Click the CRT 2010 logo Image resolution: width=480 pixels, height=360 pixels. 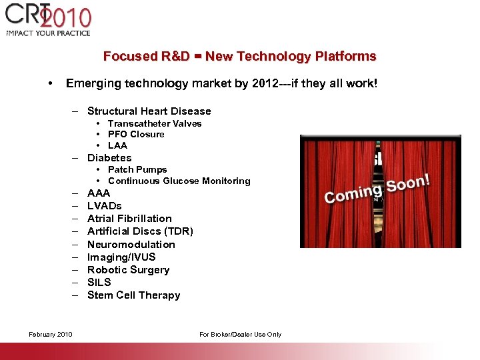click(48, 20)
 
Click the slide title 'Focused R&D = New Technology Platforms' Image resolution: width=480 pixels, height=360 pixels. click(239, 57)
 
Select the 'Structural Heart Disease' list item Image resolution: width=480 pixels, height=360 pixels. click(149, 111)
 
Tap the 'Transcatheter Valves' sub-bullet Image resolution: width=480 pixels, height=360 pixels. click(154, 123)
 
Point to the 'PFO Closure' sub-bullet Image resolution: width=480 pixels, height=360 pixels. click(135, 134)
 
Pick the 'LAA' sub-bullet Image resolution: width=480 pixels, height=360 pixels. click(117, 145)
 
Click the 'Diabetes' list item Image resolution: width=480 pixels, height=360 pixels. click(109, 158)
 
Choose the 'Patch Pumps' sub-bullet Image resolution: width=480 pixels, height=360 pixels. click(137, 169)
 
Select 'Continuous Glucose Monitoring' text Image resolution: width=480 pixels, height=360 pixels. click(179, 181)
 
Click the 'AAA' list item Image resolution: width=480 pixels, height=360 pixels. click(99, 193)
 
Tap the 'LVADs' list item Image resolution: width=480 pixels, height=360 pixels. click(104, 206)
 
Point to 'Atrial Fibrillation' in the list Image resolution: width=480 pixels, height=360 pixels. click(129, 219)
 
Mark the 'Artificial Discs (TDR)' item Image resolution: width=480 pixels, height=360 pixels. click(140, 231)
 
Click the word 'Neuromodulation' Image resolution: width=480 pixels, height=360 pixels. click(131, 245)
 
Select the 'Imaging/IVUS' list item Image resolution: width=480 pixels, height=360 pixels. click(121, 257)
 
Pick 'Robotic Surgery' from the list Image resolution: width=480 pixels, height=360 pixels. click(128, 270)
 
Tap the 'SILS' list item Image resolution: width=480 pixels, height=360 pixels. click(99, 283)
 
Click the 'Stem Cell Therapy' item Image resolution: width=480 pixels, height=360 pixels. click(133, 295)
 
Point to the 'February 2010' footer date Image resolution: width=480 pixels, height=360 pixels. click(51, 335)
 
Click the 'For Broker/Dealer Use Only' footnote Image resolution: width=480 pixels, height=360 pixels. click(240, 335)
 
